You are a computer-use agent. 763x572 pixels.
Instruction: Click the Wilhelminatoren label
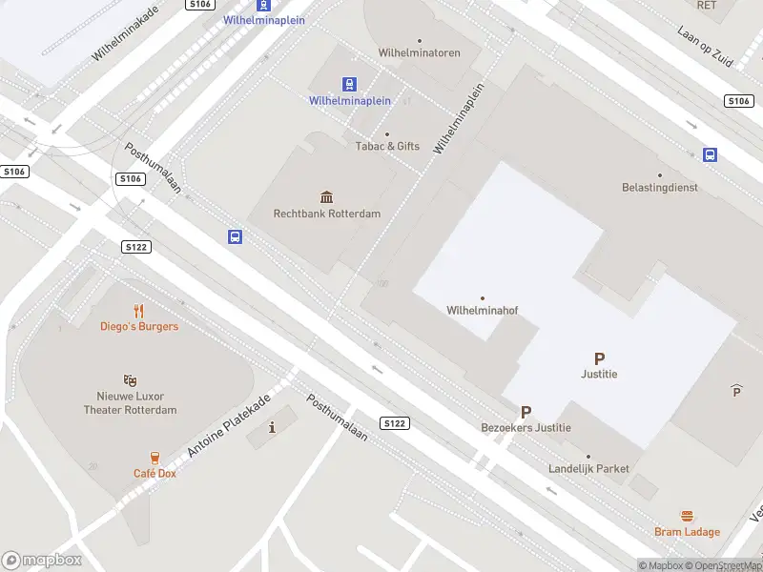[x=419, y=53]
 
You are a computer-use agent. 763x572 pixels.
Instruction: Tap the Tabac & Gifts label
[x=387, y=146]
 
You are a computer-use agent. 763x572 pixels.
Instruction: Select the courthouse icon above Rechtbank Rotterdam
[x=327, y=196]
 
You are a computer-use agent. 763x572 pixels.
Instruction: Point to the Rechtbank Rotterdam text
[x=327, y=214]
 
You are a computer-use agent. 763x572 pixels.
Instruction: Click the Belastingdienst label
[x=659, y=188]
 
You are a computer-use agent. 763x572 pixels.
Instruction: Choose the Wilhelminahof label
[x=482, y=310]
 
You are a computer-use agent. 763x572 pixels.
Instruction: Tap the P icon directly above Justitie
[x=599, y=359]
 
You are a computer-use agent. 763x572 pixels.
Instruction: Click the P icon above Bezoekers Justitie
[x=526, y=412]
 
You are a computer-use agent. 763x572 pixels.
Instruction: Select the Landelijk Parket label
[x=588, y=468]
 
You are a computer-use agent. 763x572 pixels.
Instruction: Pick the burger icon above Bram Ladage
[x=687, y=515]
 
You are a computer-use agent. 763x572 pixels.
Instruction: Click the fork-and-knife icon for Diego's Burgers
[x=139, y=310]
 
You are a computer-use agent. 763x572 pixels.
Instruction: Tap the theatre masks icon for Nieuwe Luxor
[x=130, y=380]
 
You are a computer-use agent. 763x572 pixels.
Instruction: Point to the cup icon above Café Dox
[x=155, y=458]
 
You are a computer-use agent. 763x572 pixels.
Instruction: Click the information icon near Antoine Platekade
[x=273, y=426]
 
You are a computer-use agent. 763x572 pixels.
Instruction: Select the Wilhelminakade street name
[x=125, y=32]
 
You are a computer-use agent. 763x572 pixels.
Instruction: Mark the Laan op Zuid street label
[x=705, y=46]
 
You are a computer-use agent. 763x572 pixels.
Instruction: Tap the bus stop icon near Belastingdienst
[x=711, y=154]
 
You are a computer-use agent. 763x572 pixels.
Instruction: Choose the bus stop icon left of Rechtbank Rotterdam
[x=235, y=236]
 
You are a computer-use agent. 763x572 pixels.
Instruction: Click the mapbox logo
[x=42, y=561]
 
